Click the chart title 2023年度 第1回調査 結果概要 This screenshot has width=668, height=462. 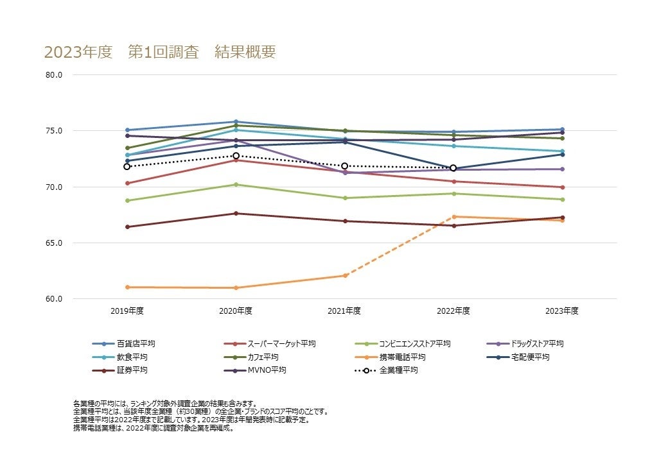159,52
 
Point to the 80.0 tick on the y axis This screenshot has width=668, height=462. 54,75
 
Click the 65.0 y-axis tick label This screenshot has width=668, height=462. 54,243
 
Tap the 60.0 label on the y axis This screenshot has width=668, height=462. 54,299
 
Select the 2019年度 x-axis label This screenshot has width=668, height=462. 127,311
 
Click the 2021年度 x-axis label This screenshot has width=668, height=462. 344,311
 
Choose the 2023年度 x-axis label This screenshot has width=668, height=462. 562,311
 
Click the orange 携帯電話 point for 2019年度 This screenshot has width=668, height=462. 127,287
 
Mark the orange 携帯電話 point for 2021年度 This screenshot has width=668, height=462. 345,275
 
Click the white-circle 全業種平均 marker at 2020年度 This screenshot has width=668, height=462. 236,156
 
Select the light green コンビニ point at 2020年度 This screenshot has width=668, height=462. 236,185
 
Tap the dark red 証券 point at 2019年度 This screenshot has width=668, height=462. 127,227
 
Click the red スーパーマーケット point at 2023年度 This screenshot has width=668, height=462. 563,187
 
